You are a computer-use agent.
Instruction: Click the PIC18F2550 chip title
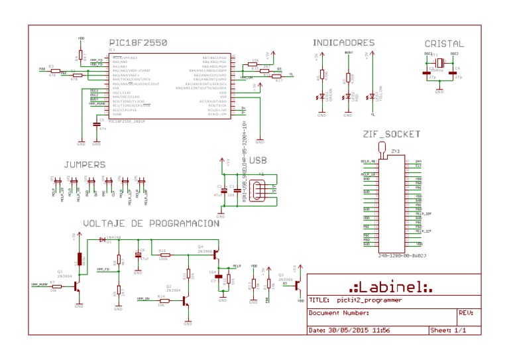138,43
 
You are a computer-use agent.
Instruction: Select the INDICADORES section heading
343,43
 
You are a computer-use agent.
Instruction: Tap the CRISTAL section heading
444,44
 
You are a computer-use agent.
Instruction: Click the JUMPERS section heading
85,164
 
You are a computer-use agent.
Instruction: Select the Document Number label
339,312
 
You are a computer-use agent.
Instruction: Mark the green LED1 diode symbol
322,97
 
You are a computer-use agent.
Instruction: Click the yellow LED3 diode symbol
372,97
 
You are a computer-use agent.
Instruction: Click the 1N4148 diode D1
101,239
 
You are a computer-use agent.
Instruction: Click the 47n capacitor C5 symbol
96,123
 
